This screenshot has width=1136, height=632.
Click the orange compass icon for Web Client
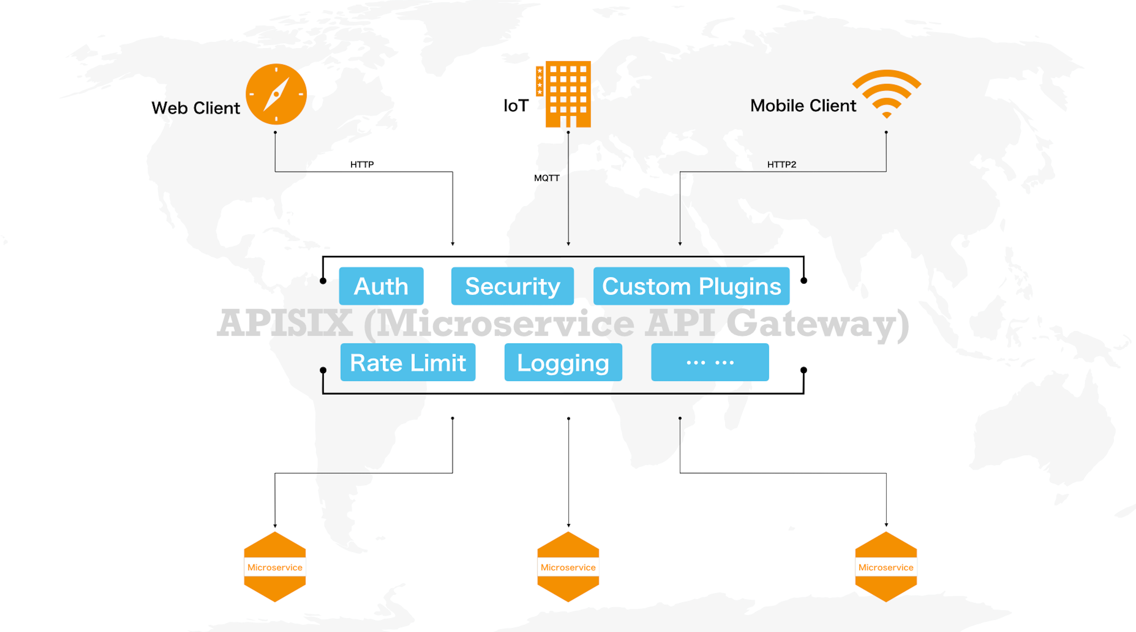(276, 94)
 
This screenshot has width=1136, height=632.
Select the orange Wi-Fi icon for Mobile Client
(886, 94)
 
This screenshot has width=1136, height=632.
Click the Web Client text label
(196, 108)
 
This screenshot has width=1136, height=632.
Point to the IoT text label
(516, 106)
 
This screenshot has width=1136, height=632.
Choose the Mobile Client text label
(803, 106)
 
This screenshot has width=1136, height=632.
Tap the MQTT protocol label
(546, 178)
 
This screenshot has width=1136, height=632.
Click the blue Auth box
(381, 286)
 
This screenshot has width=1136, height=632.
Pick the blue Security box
(512, 286)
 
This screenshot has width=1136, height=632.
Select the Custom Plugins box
(691, 286)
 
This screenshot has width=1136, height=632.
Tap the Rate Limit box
(408, 363)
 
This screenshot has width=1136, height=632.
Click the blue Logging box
(563, 363)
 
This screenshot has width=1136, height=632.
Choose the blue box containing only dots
(710, 363)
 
